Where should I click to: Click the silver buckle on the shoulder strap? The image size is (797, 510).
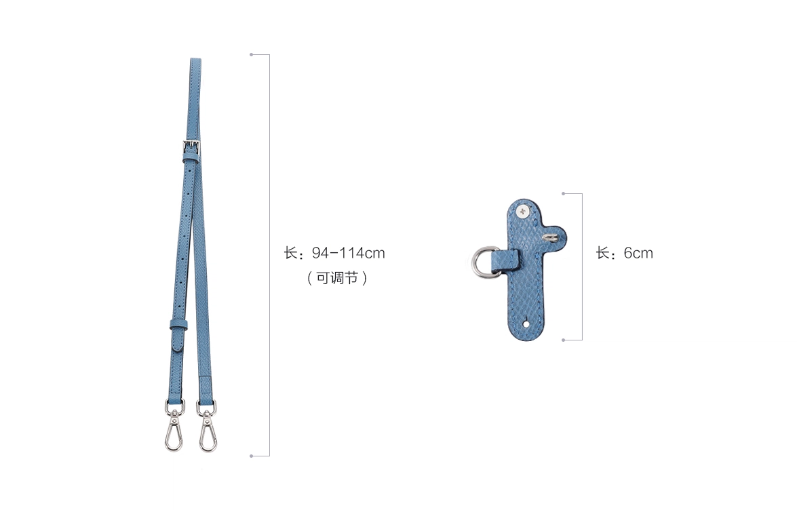click(191, 148)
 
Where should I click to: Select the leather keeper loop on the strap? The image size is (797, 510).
click(178, 324)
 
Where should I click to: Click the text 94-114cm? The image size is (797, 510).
click(348, 253)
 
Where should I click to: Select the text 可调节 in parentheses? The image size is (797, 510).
click(337, 278)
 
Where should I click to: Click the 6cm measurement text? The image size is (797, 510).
click(638, 253)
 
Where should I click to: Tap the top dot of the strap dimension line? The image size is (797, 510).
click(251, 54)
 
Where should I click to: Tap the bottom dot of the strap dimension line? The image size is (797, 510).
click(251, 456)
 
